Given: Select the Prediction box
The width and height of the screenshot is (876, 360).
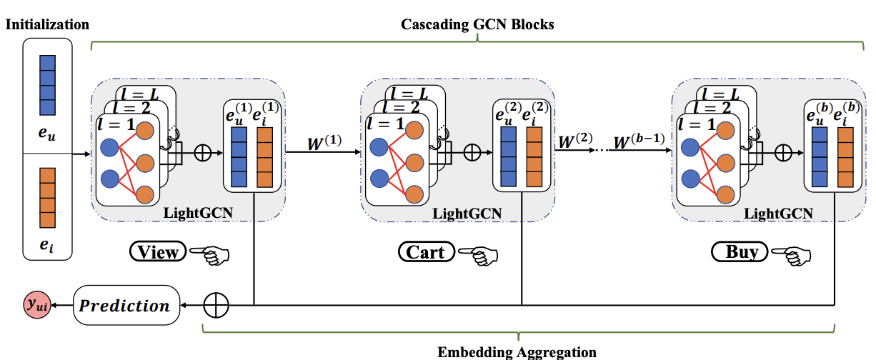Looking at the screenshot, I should [x=125, y=306].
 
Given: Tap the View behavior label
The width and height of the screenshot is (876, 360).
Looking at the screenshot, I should [x=158, y=251].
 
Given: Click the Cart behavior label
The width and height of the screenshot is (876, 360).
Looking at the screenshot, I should [x=425, y=251].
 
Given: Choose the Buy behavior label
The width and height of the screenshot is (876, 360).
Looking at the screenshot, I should [x=740, y=251].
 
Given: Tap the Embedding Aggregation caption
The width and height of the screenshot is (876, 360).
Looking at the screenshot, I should [x=516, y=351].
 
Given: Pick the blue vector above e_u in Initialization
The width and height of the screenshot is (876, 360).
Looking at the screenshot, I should [x=47, y=86].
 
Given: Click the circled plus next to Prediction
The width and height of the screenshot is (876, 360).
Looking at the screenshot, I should [x=215, y=305].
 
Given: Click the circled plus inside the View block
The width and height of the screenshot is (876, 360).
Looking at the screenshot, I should [x=203, y=152].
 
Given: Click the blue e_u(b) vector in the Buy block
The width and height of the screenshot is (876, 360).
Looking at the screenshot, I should [x=820, y=158].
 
